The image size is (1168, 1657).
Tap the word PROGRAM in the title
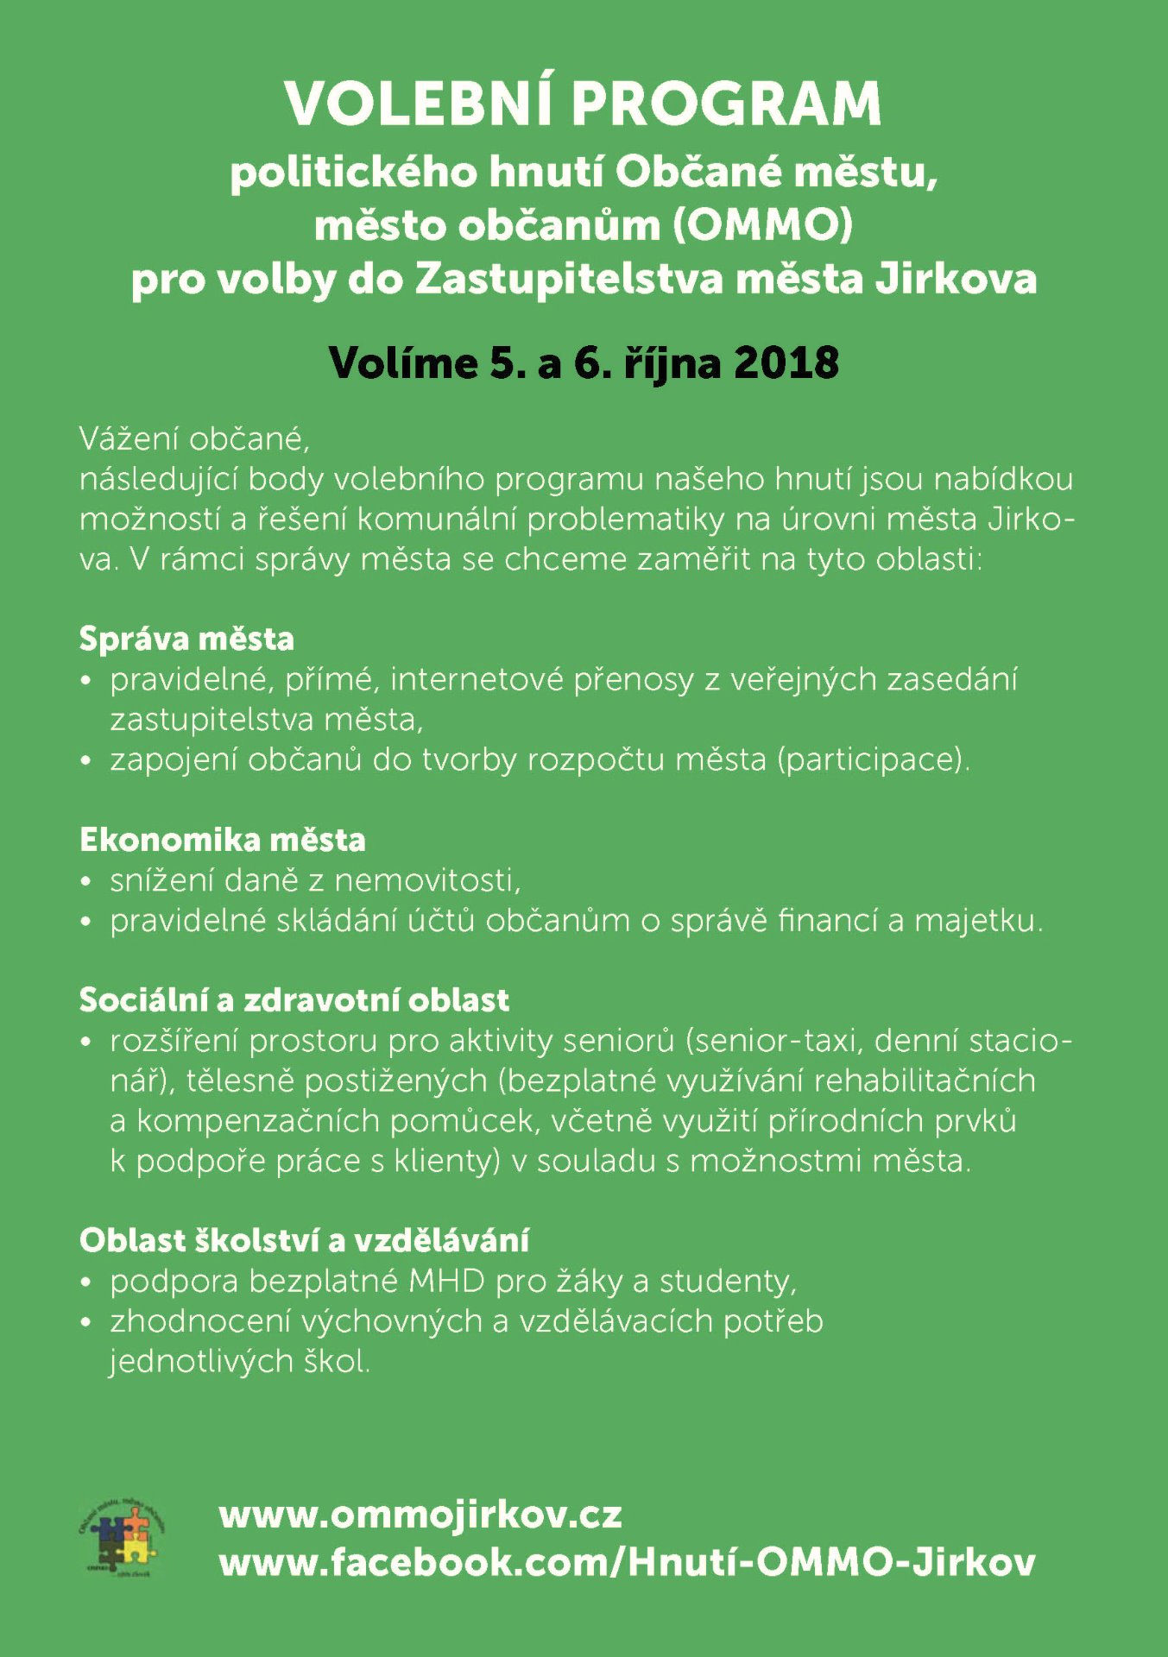[x=726, y=104]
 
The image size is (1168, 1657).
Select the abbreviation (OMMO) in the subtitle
[x=763, y=226]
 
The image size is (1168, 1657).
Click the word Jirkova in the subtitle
[x=956, y=280]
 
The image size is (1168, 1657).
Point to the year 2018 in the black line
[x=786, y=362]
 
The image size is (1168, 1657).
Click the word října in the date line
[x=672, y=362]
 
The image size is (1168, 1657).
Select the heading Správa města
[x=186, y=639]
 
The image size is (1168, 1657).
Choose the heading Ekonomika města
[x=223, y=840]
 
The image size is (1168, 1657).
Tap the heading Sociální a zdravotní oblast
[x=294, y=1000]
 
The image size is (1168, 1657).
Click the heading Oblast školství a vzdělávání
[x=304, y=1240]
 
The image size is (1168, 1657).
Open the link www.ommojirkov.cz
[x=420, y=1516]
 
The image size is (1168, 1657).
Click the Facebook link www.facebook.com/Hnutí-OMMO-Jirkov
[x=627, y=1563]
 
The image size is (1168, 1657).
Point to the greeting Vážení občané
[x=194, y=439]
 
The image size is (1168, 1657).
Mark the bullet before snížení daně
[x=85, y=882]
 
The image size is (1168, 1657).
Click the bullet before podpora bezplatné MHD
[x=85, y=1282]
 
